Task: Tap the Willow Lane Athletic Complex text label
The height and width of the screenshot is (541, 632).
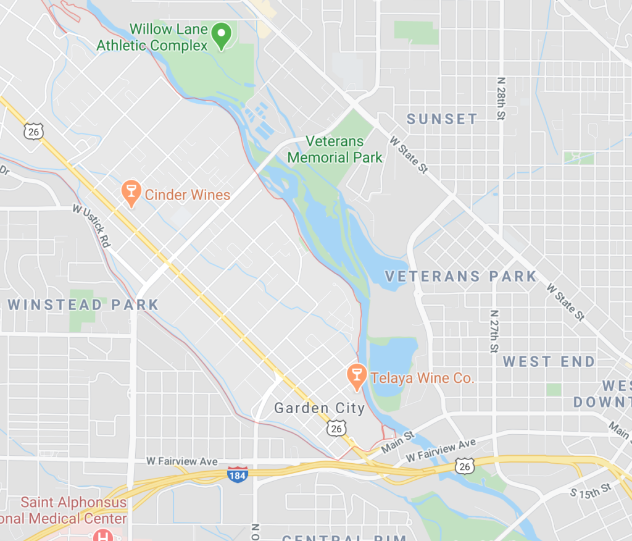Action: [152, 37]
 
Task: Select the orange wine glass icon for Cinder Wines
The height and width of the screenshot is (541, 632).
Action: [131, 193]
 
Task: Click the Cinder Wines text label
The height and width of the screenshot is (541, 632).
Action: [187, 195]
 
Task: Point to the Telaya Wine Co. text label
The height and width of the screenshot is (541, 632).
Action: [422, 377]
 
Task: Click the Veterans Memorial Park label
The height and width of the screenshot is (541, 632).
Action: [335, 149]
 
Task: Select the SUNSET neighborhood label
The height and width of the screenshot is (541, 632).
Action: [443, 119]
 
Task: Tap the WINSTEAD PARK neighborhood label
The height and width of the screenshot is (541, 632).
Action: [83, 304]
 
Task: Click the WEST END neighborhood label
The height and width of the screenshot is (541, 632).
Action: [549, 361]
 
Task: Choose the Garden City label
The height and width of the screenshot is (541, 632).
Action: [320, 408]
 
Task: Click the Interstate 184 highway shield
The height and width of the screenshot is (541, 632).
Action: [238, 474]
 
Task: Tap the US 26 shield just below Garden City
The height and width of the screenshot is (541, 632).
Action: [336, 428]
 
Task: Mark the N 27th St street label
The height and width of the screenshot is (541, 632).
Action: [494, 331]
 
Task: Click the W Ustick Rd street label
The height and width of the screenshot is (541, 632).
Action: [91, 225]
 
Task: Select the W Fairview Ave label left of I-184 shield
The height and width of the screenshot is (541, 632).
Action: [182, 461]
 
